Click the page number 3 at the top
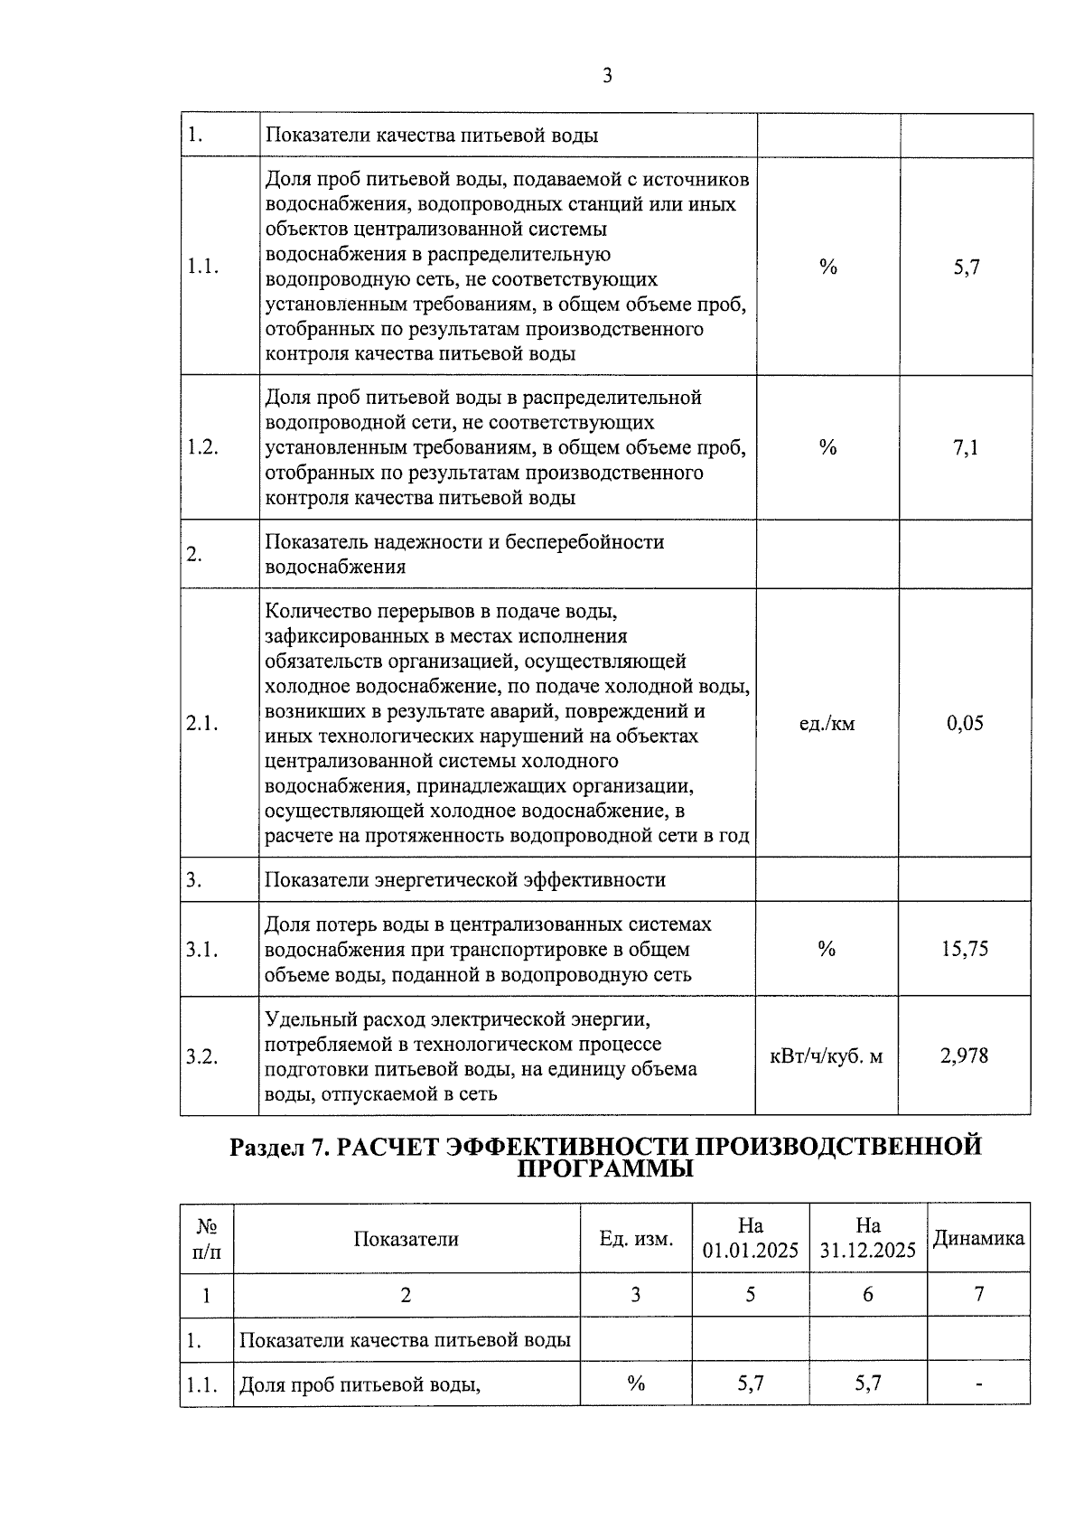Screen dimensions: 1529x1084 click(607, 76)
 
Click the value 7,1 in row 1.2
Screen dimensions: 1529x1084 click(965, 447)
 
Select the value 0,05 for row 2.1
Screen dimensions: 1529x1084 click(965, 723)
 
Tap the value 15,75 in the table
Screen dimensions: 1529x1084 click(965, 949)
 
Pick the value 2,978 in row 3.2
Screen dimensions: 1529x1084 click(965, 1055)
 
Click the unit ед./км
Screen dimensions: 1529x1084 click(827, 723)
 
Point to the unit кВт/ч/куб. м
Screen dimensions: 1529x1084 click(826, 1055)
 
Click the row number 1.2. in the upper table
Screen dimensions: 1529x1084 click(202, 447)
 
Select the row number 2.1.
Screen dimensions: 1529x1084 click(202, 723)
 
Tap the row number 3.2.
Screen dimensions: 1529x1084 click(202, 1055)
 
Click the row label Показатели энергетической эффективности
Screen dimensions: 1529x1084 click(464, 879)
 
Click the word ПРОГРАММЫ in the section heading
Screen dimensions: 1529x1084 click(605, 1169)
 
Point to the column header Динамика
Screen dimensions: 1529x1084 click(978, 1238)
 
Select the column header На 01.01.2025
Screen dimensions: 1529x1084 click(751, 1238)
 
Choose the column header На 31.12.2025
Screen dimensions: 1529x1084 click(868, 1238)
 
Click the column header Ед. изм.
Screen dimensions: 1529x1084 click(636, 1239)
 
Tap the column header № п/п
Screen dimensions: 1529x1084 click(207, 1238)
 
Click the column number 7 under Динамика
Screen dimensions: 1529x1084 click(978, 1294)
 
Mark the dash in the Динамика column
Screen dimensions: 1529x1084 click(978, 1384)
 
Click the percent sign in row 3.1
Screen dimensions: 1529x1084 click(827, 949)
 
